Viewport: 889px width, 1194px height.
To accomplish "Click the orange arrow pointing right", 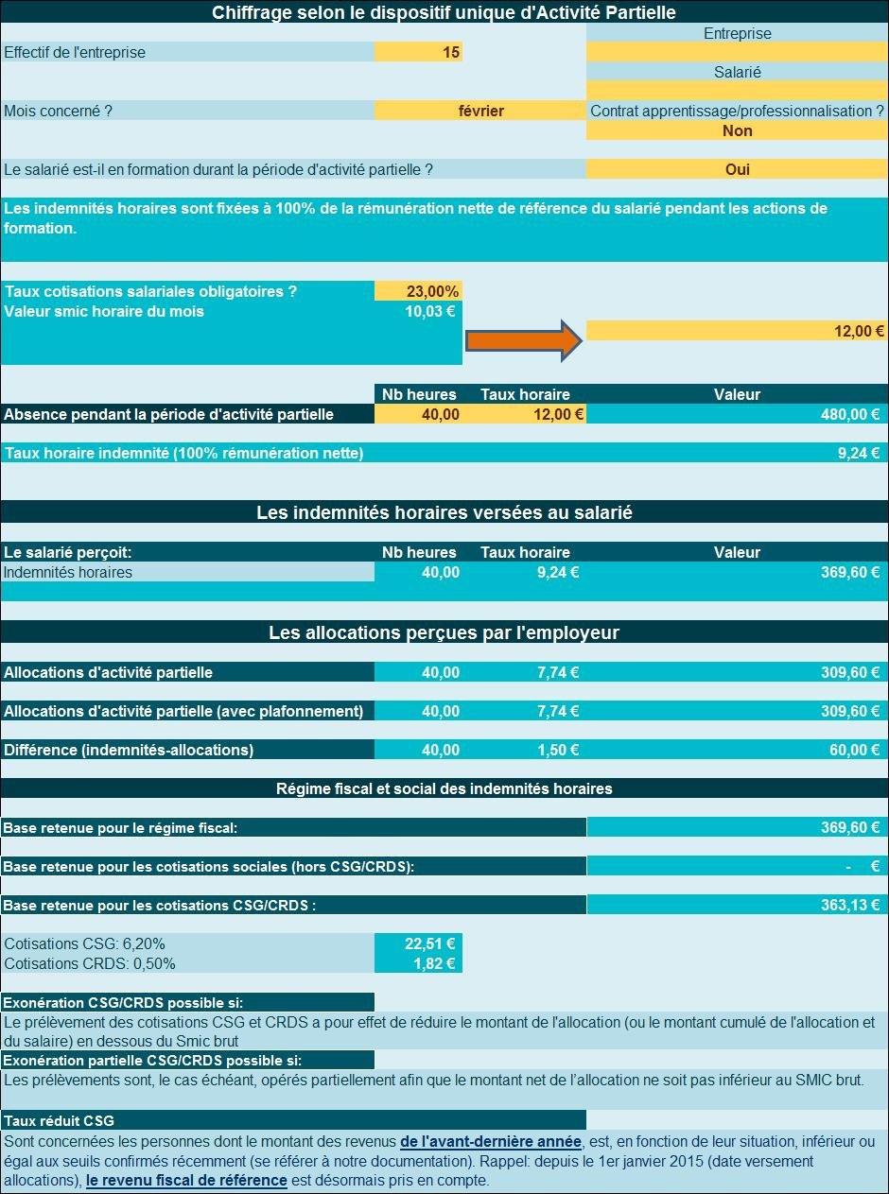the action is pos(524,340).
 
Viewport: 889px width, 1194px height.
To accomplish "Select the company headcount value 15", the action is pos(451,52).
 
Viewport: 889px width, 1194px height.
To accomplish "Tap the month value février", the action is pos(481,111).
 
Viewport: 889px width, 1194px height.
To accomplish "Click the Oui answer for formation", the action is pos(737,169).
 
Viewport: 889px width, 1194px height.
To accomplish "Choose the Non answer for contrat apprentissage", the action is pos(737,130).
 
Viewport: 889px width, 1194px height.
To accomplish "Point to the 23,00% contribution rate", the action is pos(432,291).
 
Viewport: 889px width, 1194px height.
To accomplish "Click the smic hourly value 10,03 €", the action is pos(430,311).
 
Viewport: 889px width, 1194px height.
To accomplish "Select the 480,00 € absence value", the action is pos(850,414).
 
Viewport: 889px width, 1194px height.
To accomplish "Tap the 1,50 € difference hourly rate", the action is pos(558,750).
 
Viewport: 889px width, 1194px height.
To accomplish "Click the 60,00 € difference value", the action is pos(855,750).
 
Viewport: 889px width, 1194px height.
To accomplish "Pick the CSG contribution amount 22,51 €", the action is pos(430,943).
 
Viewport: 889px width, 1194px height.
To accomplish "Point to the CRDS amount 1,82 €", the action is pos(434,963).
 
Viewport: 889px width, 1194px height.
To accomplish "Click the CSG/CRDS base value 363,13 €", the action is pos(850,905).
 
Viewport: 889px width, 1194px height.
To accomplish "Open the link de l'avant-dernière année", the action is pos(490,1142).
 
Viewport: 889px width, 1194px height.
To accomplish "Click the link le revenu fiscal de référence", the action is pos(186,1181).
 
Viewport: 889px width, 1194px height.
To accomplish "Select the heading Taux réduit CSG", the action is pos(59,1121).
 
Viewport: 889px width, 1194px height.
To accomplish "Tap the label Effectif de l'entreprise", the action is pos(75,52).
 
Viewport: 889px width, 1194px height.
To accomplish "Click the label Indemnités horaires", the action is pos(67,572).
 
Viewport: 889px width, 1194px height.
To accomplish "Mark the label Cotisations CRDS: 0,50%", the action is pos(90,963).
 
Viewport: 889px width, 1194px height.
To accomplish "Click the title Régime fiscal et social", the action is pos(444,788).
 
